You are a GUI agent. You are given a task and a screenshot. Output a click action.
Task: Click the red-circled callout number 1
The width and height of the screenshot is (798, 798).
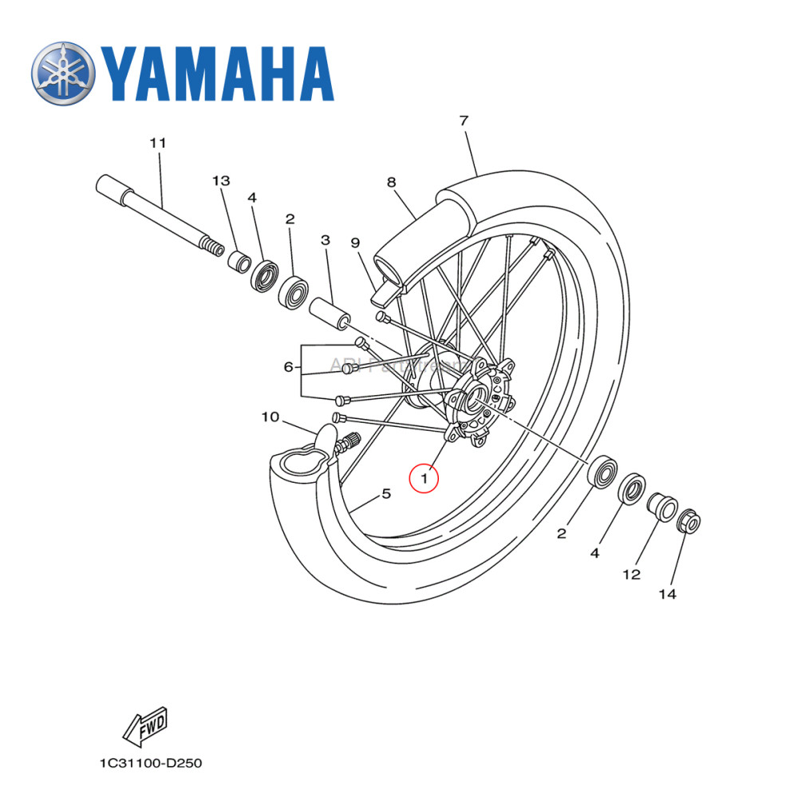pyautogui.click(x=424, y=479)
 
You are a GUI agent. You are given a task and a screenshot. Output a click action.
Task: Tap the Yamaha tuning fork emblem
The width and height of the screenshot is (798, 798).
pyautogui.click(x=63, y=73)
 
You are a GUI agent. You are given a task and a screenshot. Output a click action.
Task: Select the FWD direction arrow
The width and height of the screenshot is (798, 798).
pyautogui.click(x=144, y=725)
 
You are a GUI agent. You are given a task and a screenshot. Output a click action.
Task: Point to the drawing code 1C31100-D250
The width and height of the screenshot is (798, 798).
pyautogui.click(x=151, y=764)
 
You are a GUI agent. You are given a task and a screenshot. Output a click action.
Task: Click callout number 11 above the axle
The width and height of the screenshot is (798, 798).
pyautogui.click(x=157, y=143)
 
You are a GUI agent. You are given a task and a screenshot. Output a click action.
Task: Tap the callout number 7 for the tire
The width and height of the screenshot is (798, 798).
pyautogui.click(x=464, y=120)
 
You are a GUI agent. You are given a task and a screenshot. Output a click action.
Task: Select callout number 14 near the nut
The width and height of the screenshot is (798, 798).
pyautogui.click(x=668, y=594)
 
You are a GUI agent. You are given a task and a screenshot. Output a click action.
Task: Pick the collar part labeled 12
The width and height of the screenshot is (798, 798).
pyautogui.click(x=661, y=508)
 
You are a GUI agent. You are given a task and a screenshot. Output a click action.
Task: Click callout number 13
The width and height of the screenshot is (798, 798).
pyautogui.click(x=220, y=180)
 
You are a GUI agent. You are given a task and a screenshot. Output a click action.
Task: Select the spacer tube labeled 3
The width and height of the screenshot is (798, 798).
pyautogui.click(x=330, y=313)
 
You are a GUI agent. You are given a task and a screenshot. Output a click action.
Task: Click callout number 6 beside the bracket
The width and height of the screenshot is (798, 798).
pyautogui.click(x=289, y=367)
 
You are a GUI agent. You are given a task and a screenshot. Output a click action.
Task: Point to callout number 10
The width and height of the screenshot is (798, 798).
pyautogui.click(x=270, y=417)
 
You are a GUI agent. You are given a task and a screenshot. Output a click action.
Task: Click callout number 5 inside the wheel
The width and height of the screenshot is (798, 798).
pyautogui.click(x=386, y=494)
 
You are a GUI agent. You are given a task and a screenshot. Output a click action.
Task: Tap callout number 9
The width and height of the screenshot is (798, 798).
pyautogui.click(x=355, y=242)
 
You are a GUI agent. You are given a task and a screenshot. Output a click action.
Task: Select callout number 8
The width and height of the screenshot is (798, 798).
pyautogui.click(x=391, y=182)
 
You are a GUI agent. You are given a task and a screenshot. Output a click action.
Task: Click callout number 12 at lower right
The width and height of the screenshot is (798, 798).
pyautogui.click(x=631, y=574)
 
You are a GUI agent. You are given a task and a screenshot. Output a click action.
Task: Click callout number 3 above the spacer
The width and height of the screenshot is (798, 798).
pyautogui.click(x=325, y=239)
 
